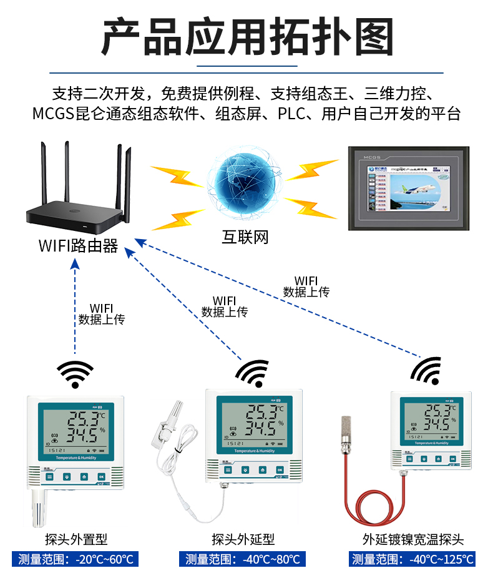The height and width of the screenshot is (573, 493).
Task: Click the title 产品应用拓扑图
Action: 246,36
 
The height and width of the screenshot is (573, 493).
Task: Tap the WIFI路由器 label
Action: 78,245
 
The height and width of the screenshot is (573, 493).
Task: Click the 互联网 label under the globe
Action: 245,237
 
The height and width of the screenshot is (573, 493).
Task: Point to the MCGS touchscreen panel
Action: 408,189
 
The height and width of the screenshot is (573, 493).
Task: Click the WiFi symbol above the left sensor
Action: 75,373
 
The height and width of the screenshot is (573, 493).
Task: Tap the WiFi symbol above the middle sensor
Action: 252,373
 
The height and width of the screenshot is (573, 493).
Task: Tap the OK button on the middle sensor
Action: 279,469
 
